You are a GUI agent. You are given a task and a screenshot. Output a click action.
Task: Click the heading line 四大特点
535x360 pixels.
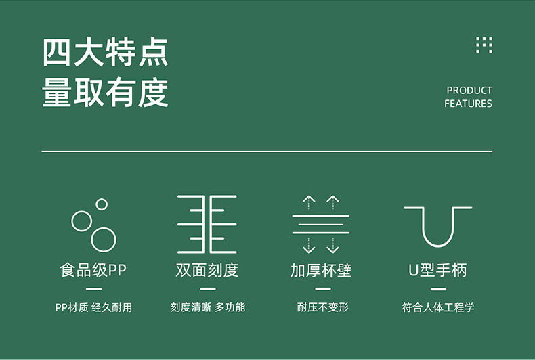pyautogui.click(x=105, y=52)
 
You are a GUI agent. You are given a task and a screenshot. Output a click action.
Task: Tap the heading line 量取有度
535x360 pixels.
pyautogui.click(x=105, y=92)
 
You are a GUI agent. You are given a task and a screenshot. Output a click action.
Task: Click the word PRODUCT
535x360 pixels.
pyautogui.click(x=469, y=91)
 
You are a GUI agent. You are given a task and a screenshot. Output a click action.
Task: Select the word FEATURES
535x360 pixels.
pyautogui.click(x=468, y=104)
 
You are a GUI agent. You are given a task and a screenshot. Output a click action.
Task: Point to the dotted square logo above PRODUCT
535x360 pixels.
pyautogui.click(x=484, y=45)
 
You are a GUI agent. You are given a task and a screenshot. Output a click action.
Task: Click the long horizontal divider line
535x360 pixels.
pyautogui.click(x=267, y=151)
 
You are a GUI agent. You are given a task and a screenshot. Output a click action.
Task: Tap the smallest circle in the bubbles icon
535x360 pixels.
pyautogui.click(x=102, y=204)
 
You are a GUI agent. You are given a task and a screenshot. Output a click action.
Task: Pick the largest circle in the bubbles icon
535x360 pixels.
pyautogui.click(x=104, y=240)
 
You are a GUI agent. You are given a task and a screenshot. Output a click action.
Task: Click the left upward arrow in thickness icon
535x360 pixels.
pyautogui.click(x=309, y=203)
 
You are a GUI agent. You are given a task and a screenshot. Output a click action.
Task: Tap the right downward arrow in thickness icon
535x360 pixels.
pyautogui.click(x=333, y=246)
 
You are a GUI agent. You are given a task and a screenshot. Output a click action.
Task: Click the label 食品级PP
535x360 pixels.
pyautogui.click(x=93, y=270)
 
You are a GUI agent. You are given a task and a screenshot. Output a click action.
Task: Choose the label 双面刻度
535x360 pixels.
pyautogui.click(x=207, y=270)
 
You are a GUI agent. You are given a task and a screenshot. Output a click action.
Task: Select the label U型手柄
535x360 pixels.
pyautogui.click(x=437, y=270)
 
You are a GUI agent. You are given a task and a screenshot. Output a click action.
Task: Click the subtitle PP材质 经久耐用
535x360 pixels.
pyautogui.click(x=93, y=307)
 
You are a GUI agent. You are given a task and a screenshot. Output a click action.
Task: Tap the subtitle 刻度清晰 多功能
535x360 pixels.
pyautogui.click(x=207, y=307)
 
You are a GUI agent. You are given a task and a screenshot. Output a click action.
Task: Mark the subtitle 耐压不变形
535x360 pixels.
pyautogui.click(x=323, y=307)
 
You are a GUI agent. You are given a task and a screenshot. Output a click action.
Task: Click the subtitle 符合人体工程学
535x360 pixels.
pyautogui.click(x=438, y=307)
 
